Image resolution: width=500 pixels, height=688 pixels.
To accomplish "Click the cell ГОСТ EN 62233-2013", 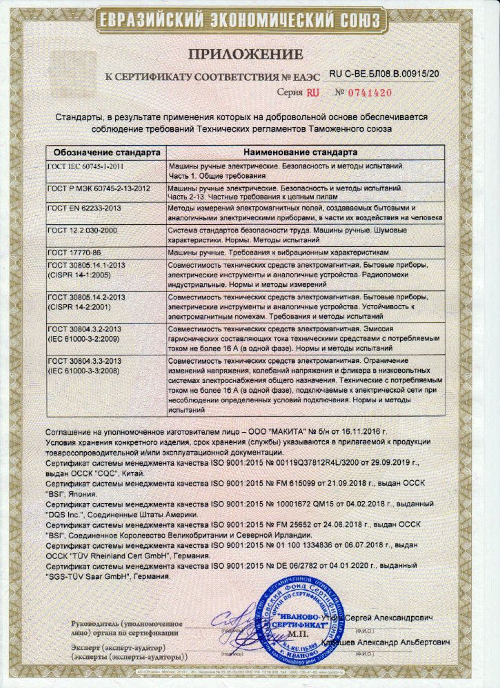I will (81, 207).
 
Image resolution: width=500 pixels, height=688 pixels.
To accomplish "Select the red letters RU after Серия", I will (313, 92).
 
